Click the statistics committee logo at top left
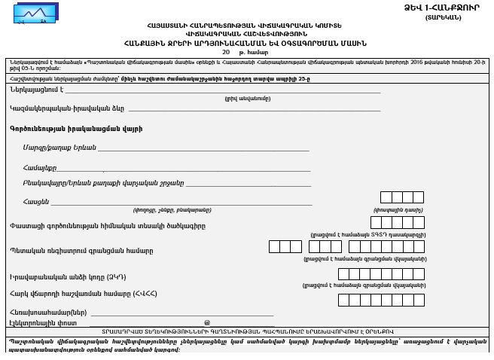click(35, 12)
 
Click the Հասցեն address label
click(36, 201)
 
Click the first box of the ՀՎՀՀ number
click(343, 300)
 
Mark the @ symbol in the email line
click(206, 322)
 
